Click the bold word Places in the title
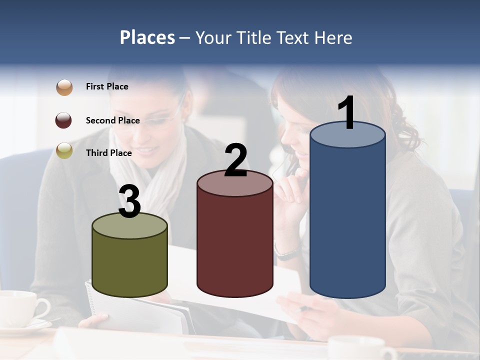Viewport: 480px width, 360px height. coord(147,37)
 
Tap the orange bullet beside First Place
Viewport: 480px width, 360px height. coord(64,87)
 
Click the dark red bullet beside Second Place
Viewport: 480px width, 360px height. coord(64,120)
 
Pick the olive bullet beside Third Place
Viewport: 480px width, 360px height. coord(64,150)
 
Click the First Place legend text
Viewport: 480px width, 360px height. coord(107,86)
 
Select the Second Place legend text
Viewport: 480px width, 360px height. coord(112,120)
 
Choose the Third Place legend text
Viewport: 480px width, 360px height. coord(109,153)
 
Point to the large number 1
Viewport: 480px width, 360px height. coord(346,113)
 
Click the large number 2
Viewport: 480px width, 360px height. coord(235,160)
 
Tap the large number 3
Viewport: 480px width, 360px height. coord(129,201)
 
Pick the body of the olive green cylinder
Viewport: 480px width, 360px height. coord(129,265)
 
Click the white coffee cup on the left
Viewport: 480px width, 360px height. coord(22,307)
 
